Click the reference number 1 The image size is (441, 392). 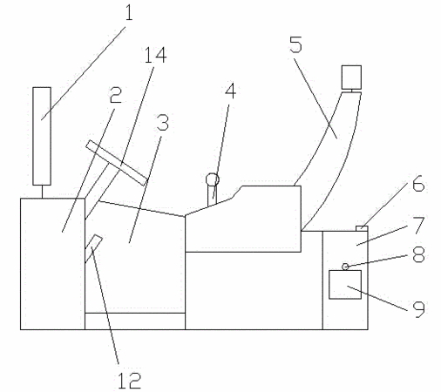click(129, 13)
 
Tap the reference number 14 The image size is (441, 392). click(155, 55)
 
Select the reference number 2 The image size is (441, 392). click(116, 95)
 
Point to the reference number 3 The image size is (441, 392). click(162, 122)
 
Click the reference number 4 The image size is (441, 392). click(231, 91)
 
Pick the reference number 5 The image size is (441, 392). click(296, 44)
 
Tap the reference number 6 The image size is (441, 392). click(418, 184)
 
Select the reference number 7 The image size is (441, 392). click(419, 225)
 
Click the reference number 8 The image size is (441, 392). click(419, 254)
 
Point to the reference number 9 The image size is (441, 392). click(419, 309)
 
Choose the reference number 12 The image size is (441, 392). click(130, 381)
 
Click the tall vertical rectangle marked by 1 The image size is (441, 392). click(42, 136)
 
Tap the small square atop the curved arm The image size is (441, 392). click(351, 78)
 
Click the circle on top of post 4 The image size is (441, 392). click(213, 179)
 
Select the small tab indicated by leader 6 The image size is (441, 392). click(362, 228)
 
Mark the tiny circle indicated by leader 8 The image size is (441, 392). click(345, 267)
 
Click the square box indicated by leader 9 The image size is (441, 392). click(345, 285)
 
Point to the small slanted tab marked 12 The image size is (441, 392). click(93, 248)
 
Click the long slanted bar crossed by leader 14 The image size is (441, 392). click(117, 163)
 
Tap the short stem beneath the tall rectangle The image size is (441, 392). click(42, 192)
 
